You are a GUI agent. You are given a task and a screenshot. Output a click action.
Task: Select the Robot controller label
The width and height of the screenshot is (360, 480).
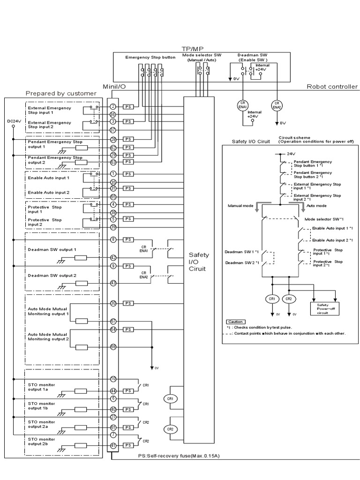pos(332,87)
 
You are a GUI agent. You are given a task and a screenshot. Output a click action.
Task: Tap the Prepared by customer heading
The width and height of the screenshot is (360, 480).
pos(61,93)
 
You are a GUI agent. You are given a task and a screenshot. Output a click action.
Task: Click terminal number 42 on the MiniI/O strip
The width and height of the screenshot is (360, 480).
pos(113,257)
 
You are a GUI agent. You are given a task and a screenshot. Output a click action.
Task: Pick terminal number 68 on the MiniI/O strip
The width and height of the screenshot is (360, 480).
pos(113,346)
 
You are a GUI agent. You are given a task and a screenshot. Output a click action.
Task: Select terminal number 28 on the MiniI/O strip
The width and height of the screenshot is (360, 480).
pos(113,140)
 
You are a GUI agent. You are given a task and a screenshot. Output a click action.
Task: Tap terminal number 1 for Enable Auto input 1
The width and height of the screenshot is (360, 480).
pos(113,174)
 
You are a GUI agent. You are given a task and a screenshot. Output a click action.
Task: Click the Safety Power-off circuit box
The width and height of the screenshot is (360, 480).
pos(324,308)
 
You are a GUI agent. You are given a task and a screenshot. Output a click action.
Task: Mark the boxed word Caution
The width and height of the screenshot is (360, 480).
pos(235,322)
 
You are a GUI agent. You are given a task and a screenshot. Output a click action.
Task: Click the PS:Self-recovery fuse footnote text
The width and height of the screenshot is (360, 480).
pos(179,455)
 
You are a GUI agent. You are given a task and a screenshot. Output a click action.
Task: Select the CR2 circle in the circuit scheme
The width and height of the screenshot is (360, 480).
pos(289,299)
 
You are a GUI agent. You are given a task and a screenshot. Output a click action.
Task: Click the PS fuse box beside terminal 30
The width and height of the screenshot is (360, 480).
pos(128,304)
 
